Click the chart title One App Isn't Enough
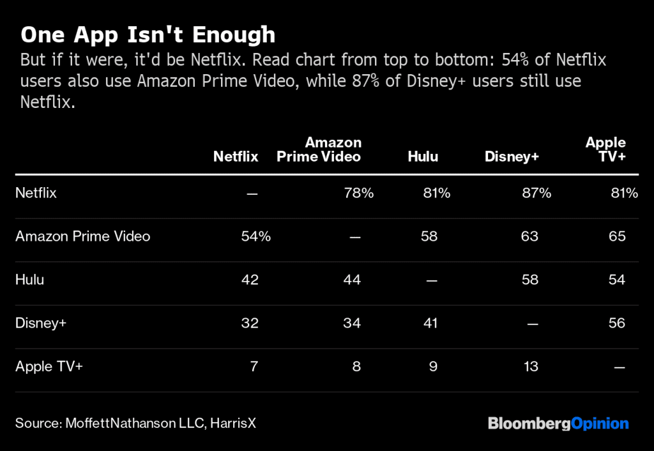click(x=148, y=34)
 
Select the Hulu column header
click(x=423, y=157)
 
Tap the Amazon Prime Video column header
click(x=319, y=149)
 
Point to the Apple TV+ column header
click(x=605, y=149)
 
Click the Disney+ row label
click(x=41, y=323)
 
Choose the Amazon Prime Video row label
click(x=83, y=236)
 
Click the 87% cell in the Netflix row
click(x=536, y=193)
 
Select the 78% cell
click(x=358, y=193)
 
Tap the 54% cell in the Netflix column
click(x=255, y=236)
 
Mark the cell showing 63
click(x=529, y=236)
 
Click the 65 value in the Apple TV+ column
click(x=617, y=236)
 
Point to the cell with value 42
click(x=250, y=280)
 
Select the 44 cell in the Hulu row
click(x=352, y=280)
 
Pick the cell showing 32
click(x=250, y=323)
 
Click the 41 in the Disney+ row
click(x=430, y=323)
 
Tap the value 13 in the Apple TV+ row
click(x=529, y=367)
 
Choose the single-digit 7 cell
click(x=254, y=367)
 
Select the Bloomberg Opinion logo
click(x=558, y=424)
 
